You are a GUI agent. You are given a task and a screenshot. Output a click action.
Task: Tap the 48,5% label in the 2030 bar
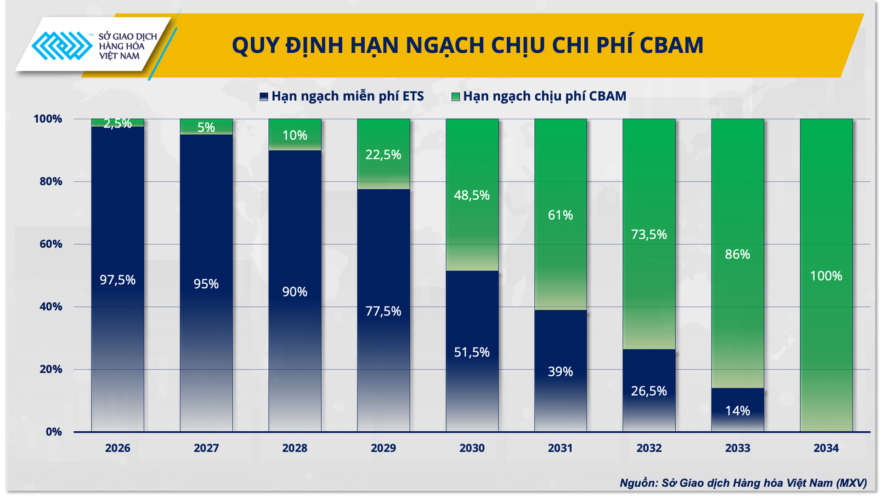(472, 195)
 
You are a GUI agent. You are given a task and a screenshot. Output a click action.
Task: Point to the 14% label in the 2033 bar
(737, 411)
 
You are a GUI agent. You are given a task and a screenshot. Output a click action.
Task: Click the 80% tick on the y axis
(51, 181)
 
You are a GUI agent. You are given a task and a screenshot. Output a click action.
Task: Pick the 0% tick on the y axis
(54, 432)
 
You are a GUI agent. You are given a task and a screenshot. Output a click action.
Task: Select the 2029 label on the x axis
(383, 448)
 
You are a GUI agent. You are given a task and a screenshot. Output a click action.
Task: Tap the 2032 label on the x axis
(649, 448)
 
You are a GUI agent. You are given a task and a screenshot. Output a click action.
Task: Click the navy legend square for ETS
(264, 96)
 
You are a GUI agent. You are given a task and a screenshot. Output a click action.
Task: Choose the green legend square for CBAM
(455, 96)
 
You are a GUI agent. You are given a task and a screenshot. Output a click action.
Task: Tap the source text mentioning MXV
(743, 483)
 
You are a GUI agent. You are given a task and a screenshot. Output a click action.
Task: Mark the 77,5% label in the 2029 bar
(383, 311)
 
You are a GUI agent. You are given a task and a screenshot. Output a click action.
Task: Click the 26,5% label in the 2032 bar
(649, 391)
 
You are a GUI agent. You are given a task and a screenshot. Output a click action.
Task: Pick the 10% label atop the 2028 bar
(294, 135)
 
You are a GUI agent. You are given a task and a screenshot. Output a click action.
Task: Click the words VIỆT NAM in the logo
(119, 56)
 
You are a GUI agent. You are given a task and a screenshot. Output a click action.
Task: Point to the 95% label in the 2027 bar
(206, 284)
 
